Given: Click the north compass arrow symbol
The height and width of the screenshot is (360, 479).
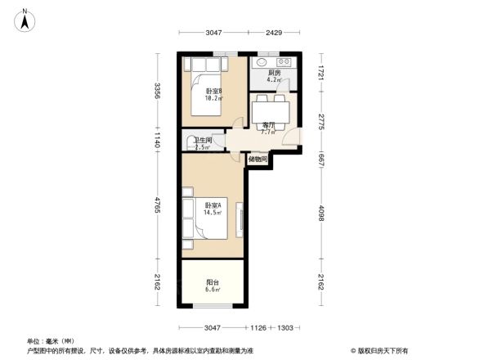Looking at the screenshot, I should click(x=25, y=18).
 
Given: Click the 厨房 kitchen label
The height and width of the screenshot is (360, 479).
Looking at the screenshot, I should click(x=275, y=73).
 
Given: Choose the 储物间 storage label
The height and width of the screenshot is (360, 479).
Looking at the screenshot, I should click(x=257, y=160).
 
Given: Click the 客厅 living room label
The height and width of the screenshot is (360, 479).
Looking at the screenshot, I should click(x=267, y=124).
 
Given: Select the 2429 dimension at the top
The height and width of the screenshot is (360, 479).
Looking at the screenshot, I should click(x=274, y=33).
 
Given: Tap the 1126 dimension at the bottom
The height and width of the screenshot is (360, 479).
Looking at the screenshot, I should click(x=259, y=328).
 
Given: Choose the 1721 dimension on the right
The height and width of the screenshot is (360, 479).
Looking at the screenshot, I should click(x=321, y=72).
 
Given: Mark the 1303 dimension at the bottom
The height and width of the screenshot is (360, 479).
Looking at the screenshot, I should click(x=286, y=328).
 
